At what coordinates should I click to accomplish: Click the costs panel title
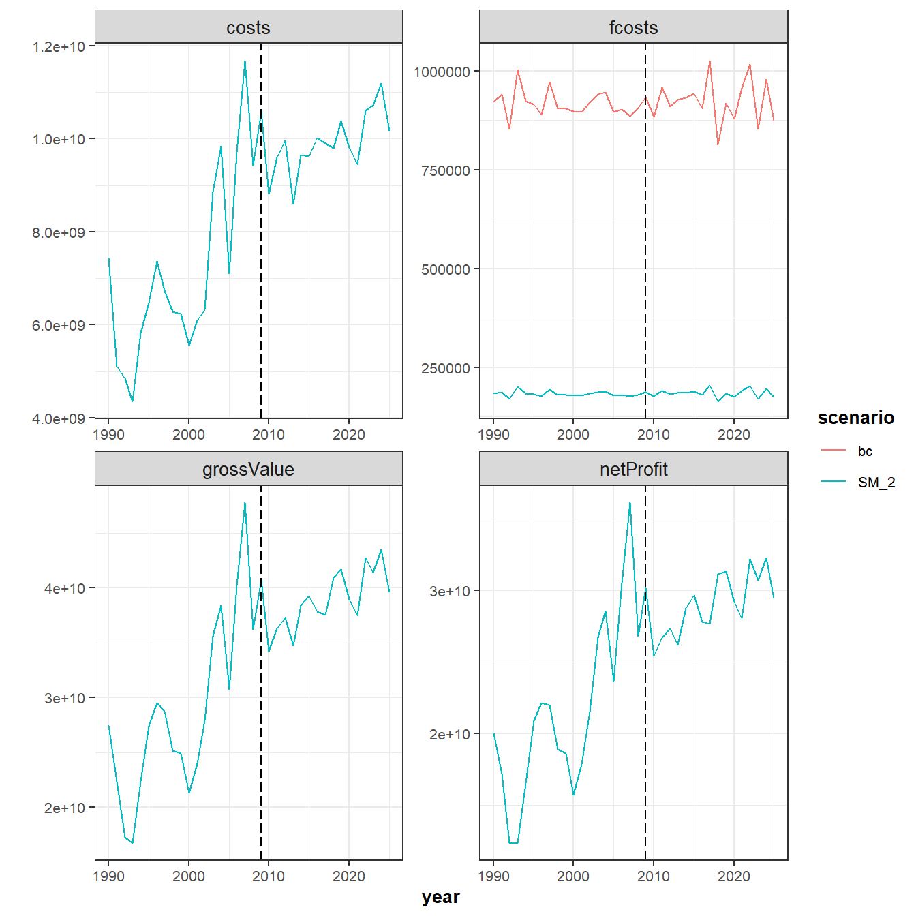pyautogui.click(x=248, y=28)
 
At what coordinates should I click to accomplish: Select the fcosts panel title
pyautogui.click(x=633, y=28)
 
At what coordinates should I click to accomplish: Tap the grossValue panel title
pyautogui.click(x=248, y=470)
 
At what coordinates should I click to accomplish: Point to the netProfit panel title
pyautogui.click(x=633, y=470)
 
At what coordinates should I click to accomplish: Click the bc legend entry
pyautogui.click(x=865, y=451)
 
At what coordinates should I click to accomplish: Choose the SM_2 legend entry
pyautogui.click(x=876, y=483)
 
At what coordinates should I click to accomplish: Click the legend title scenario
pyautogui.click(x=855, y=418)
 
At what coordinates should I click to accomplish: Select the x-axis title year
pyautogui.click(x=440, y=897)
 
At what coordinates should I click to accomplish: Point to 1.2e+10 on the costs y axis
pyautogui.click(x=59, y=46)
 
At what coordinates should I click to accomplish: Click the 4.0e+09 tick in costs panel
pyautogui.click(x=59, y=418)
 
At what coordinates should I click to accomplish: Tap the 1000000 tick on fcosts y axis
pyautogui.click(x=442, y=72)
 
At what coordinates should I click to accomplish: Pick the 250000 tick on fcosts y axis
pyautogui.click(x=446, y=368)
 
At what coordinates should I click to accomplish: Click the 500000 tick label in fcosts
pyautogui.click(x=446, y=269)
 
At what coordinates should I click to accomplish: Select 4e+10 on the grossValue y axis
pyautogui.click(x=65, y=588)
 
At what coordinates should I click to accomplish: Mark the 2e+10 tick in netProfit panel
pyautogui.click(x=450, y=734)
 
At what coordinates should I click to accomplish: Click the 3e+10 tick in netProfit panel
pyautogui.click(x=450, y=591)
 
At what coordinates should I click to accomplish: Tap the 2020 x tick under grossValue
pyautogui.click(x=349, y=876)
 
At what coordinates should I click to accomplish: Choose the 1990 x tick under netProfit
pyautogui.click(x=494, y=876)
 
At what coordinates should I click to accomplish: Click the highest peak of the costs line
pyautogui.click(x=245, y=61)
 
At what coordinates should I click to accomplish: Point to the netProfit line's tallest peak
pyautogui.click(x=630, y=503)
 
